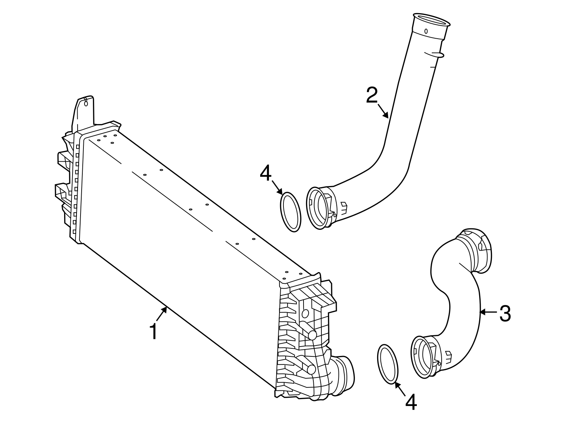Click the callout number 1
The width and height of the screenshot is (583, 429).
pyautogui.click(x=154, y=332)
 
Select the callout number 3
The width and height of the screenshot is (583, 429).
pyautogui.click(x=505, y=314)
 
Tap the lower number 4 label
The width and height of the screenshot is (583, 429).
pyautogui.click(x=411, y=403)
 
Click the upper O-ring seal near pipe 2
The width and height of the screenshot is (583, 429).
pyautogui.click(x=291, y=212)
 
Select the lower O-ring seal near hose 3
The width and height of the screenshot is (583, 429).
pyautogui.click(x=387, y=364)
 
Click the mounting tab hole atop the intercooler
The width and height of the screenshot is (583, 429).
pyautogui.click(x=86, y=103)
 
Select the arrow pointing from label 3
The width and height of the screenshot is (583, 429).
pyautogui.click(x=488, y=312)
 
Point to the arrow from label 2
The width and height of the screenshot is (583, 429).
pyautogui.click(x=383, y=111)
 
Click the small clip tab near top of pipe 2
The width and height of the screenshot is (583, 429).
pyautogui.click(x=440, y=55)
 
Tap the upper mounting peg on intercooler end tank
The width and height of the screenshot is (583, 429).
pyautogui.click(x=312, y=335)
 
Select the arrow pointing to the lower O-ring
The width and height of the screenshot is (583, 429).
pyautogui.click(x=400, y=389)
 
